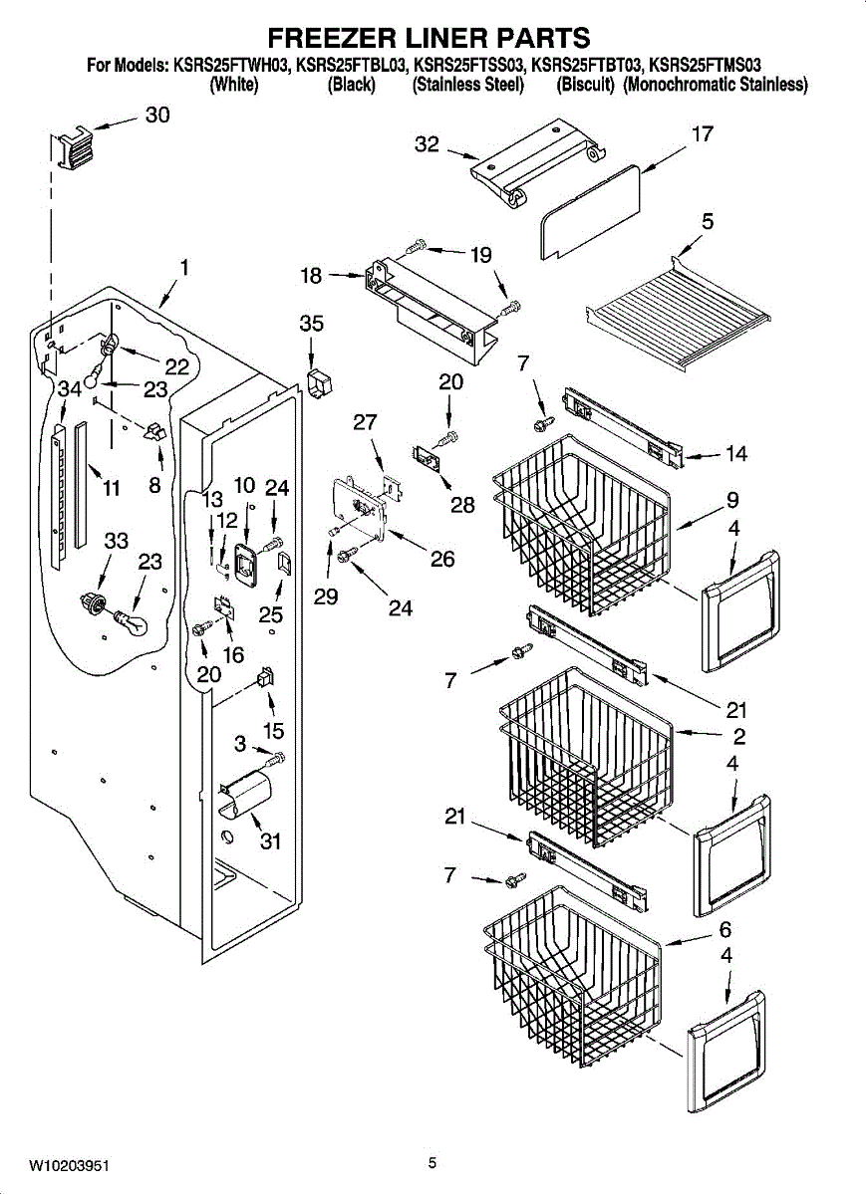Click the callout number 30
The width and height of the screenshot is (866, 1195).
click(x=157, y=115)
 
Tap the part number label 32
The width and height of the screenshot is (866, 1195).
click(x=427, y=144)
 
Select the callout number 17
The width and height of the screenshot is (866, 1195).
click(x=703, y=133)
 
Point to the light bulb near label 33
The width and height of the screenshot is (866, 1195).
click(x=130, y=622)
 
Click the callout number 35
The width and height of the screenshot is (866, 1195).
click(x=312, y=324)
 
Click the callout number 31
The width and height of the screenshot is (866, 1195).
click(x=270, y=841)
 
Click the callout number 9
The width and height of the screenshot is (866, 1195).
click(x=732, y=500)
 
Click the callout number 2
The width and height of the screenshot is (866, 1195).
click(x=738, y=737)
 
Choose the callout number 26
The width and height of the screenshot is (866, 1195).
click(x=442, y=559)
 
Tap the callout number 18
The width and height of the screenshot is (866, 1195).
click(x=311, y=276)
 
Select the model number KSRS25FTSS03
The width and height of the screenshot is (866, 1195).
click(x=468, y=66)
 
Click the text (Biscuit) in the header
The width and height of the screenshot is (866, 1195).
click(x=585, y=85)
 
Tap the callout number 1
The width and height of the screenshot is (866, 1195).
click(x=184, y=267)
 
